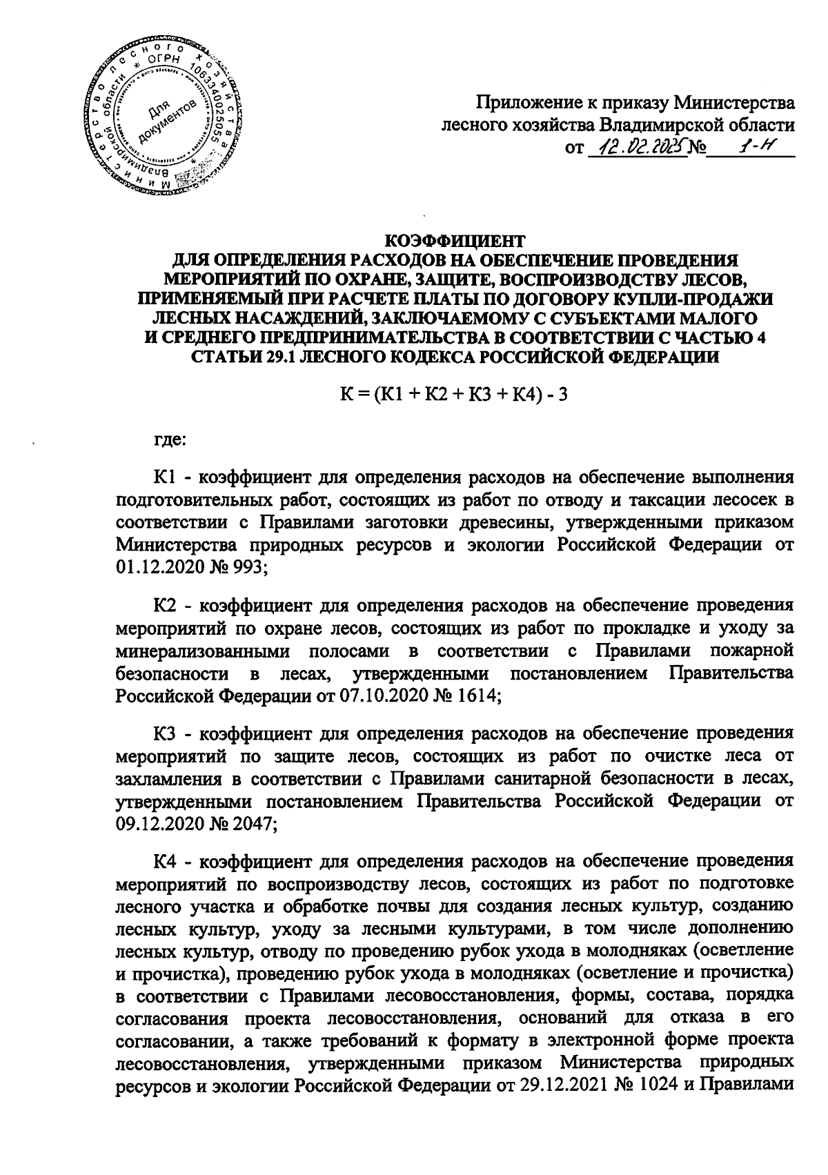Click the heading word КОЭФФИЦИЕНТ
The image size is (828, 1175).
point(454,241)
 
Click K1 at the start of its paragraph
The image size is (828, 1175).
point(166,477)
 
